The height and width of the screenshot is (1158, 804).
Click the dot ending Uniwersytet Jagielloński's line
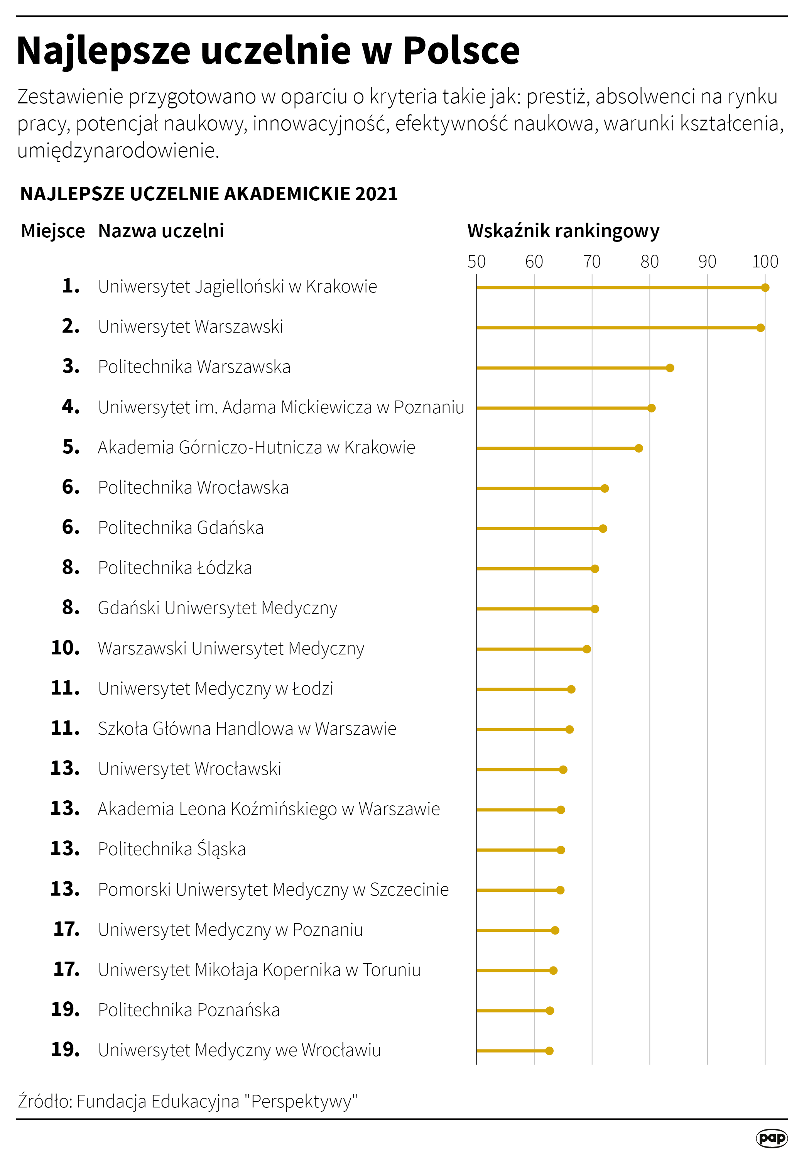765,288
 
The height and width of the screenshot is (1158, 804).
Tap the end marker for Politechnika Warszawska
669,368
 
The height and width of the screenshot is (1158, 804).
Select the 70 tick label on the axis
592,262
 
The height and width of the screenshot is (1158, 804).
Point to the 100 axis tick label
765,262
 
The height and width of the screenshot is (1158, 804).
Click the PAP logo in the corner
771,1138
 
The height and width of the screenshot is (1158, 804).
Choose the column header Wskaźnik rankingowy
563,231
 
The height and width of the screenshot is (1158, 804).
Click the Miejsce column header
53,231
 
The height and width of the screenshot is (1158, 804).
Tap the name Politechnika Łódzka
175,568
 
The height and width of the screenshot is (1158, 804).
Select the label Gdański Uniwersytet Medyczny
217,608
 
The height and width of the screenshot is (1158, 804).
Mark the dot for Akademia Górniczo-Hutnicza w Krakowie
638,448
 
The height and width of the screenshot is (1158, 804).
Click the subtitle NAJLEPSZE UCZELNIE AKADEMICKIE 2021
209,194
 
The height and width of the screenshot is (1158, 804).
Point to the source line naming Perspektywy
187,1101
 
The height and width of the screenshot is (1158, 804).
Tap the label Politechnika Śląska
172,849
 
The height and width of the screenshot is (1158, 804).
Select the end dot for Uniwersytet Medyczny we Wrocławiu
549,1051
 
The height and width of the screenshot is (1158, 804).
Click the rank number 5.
71,447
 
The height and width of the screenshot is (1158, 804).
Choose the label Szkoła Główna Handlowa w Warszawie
247,729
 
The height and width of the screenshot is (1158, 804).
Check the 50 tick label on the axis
476,262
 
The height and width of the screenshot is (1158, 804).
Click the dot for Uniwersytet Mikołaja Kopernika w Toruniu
553,970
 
